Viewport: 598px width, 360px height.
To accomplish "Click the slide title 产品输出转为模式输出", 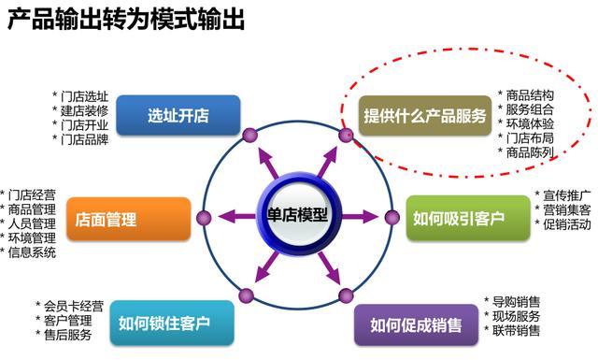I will pyautogui.click(x=127, y=20).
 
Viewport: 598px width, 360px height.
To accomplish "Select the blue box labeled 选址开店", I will pyautogui.click(x=178, y=116).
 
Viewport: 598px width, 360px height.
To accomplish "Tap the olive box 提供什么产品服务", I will pyautogui.click(x=424, y=116).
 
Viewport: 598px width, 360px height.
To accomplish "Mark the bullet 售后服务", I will pyautogui.click(x=67, y=335).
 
